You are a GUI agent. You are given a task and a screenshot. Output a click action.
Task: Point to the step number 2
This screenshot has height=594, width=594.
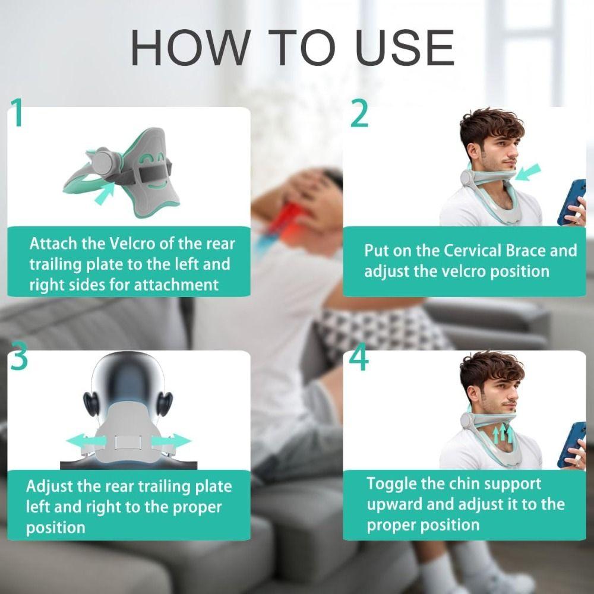359,113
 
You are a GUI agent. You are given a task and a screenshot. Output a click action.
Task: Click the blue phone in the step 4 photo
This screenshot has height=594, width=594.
571,443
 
